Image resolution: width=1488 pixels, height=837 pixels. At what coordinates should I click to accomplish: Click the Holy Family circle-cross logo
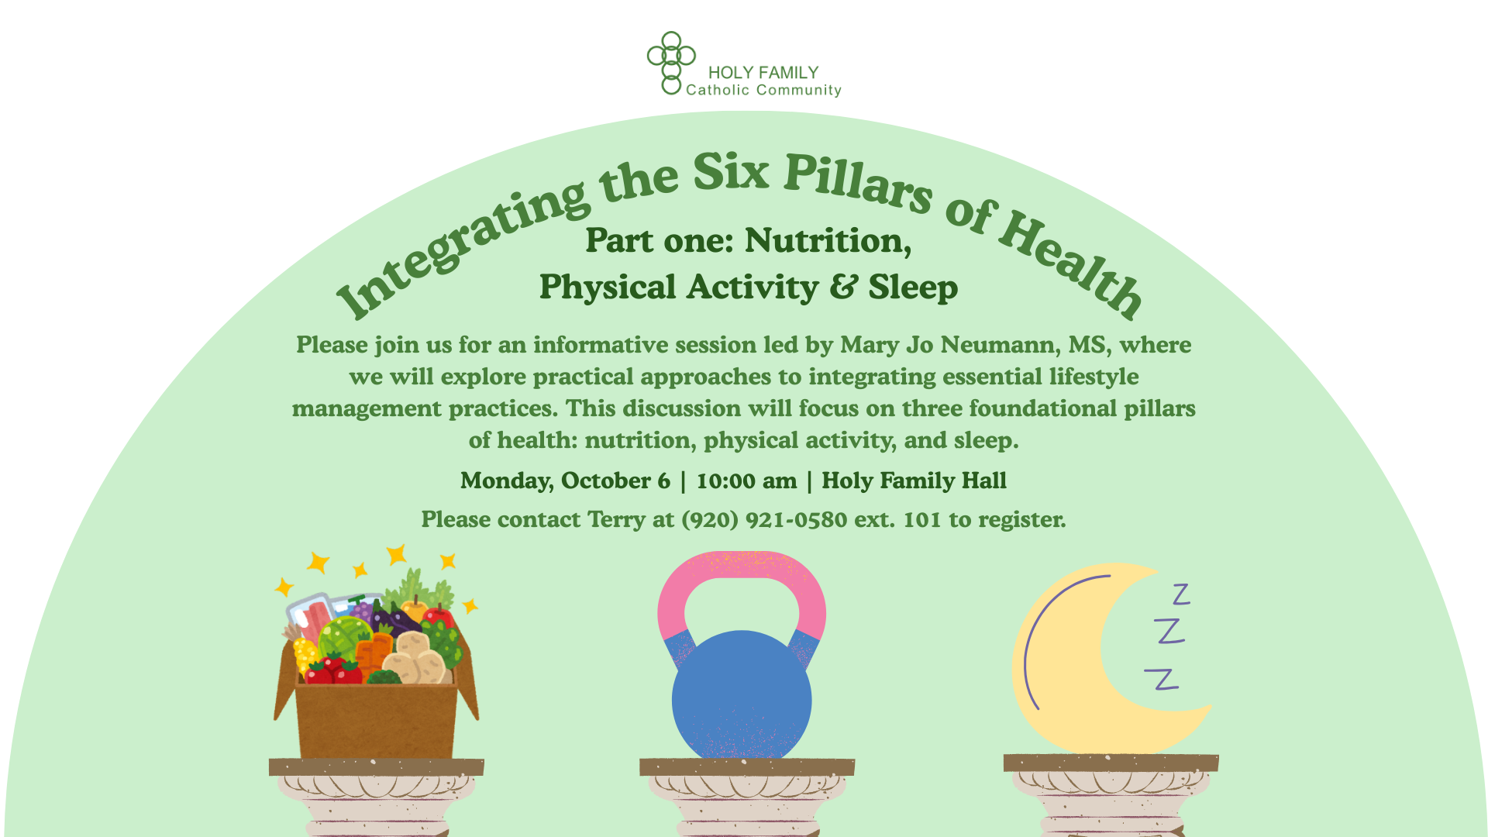point(671,63)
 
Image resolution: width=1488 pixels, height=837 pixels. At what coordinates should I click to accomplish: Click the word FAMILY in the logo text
point(790,73)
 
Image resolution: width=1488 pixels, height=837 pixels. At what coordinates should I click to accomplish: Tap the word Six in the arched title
point(731,171)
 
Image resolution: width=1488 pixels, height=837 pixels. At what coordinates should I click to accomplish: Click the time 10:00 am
point(746,480)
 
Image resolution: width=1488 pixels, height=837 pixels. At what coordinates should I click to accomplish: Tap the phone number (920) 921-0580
point(764,519)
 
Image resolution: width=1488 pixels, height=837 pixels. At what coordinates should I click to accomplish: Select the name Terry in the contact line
point(616,520)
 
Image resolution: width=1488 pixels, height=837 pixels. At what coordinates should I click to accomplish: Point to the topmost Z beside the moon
point(1181,594)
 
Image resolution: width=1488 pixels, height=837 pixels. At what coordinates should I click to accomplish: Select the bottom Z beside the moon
point(1162,679)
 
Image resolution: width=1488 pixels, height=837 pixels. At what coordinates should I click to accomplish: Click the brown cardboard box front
point(376,722)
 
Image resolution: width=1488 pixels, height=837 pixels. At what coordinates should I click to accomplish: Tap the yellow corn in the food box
point(306,655)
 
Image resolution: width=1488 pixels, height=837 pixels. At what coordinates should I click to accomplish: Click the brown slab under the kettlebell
point(747,767)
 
